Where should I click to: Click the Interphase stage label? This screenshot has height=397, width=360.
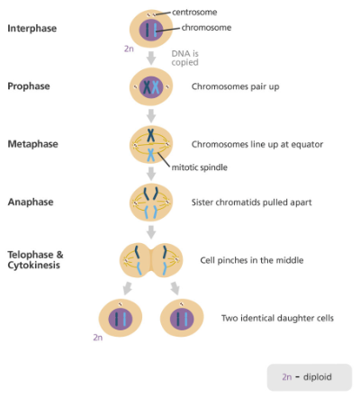pos(32,28)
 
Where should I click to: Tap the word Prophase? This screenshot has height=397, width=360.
pos(29,86)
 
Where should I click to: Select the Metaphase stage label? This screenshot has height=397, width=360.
pos(33,144)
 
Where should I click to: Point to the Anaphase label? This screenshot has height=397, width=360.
pos(31,202)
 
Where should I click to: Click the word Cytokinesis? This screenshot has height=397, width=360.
pos(34,266)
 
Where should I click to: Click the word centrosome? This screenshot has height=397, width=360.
pos(194,13)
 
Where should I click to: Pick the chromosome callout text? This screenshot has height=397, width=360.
pos(206,28)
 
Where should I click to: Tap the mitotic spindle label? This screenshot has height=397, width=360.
pos(200,167)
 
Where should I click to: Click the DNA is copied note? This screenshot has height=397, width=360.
pos(184,58)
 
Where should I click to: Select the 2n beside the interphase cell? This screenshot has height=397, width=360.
pos(129,49)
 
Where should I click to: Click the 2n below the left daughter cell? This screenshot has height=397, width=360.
pos(98,338)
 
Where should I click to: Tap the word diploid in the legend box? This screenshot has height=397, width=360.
pos(318,377)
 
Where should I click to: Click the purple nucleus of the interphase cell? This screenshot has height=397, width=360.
pos(151,30)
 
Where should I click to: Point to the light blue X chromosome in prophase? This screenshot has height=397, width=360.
pos(156,87)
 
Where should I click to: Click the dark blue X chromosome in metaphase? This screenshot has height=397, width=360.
pos(150,135)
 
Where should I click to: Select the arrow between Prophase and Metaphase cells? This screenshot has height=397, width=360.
pos(151,116)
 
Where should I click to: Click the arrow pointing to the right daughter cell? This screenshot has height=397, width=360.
pos(175,288)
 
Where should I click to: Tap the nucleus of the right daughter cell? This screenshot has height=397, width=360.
pos(182,320)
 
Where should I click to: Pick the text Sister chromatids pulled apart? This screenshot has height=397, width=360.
pos(251,203)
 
